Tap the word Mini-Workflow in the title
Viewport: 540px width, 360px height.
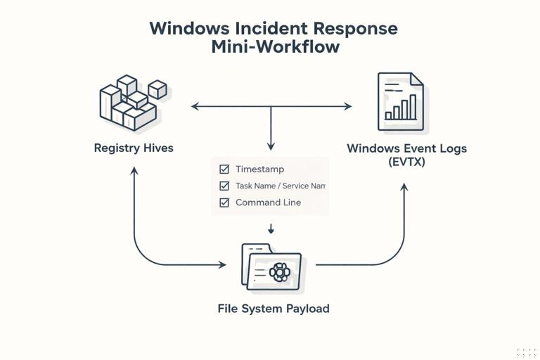pyautogui.click(x=275, y=47)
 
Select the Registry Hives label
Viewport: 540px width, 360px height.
pyautogui.click(x=134, y=148)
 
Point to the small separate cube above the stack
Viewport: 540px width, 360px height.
pyautogui.click(x=158, y=89)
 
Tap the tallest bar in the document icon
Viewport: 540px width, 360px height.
pyautogui.click(x=413, y=107)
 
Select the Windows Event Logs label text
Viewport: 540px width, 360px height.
pyautogui.click(x=406, y=148)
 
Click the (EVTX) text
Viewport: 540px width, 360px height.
pyautogui.click(x=406, y=162)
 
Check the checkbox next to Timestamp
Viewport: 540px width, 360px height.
pyautogui.click(x=224, y=169)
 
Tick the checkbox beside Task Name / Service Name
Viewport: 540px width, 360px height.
pyautogui.click(x=224, y=186)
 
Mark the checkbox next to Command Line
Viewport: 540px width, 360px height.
pyautogui.click(x=224, y=202)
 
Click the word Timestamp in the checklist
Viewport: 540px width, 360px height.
pyautogui.click(x=259, y=169)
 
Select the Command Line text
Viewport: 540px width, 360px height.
pyautogui.click(x=268, y=202)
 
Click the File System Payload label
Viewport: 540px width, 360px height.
pyautogui.click(x=274, y=309)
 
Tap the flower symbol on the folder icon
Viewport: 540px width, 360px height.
pyautogui.click(x=279, y=271)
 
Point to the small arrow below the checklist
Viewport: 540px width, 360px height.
pyautogui.click(x=271, y=229)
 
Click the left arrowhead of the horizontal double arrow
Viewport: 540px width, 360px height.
pyautogui.click(x=195, y=107)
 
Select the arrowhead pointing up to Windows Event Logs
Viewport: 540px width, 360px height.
pyautogui.click(x=404, y=188)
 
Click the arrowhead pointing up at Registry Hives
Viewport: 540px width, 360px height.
pyautogui.click(x=134, y=170)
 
